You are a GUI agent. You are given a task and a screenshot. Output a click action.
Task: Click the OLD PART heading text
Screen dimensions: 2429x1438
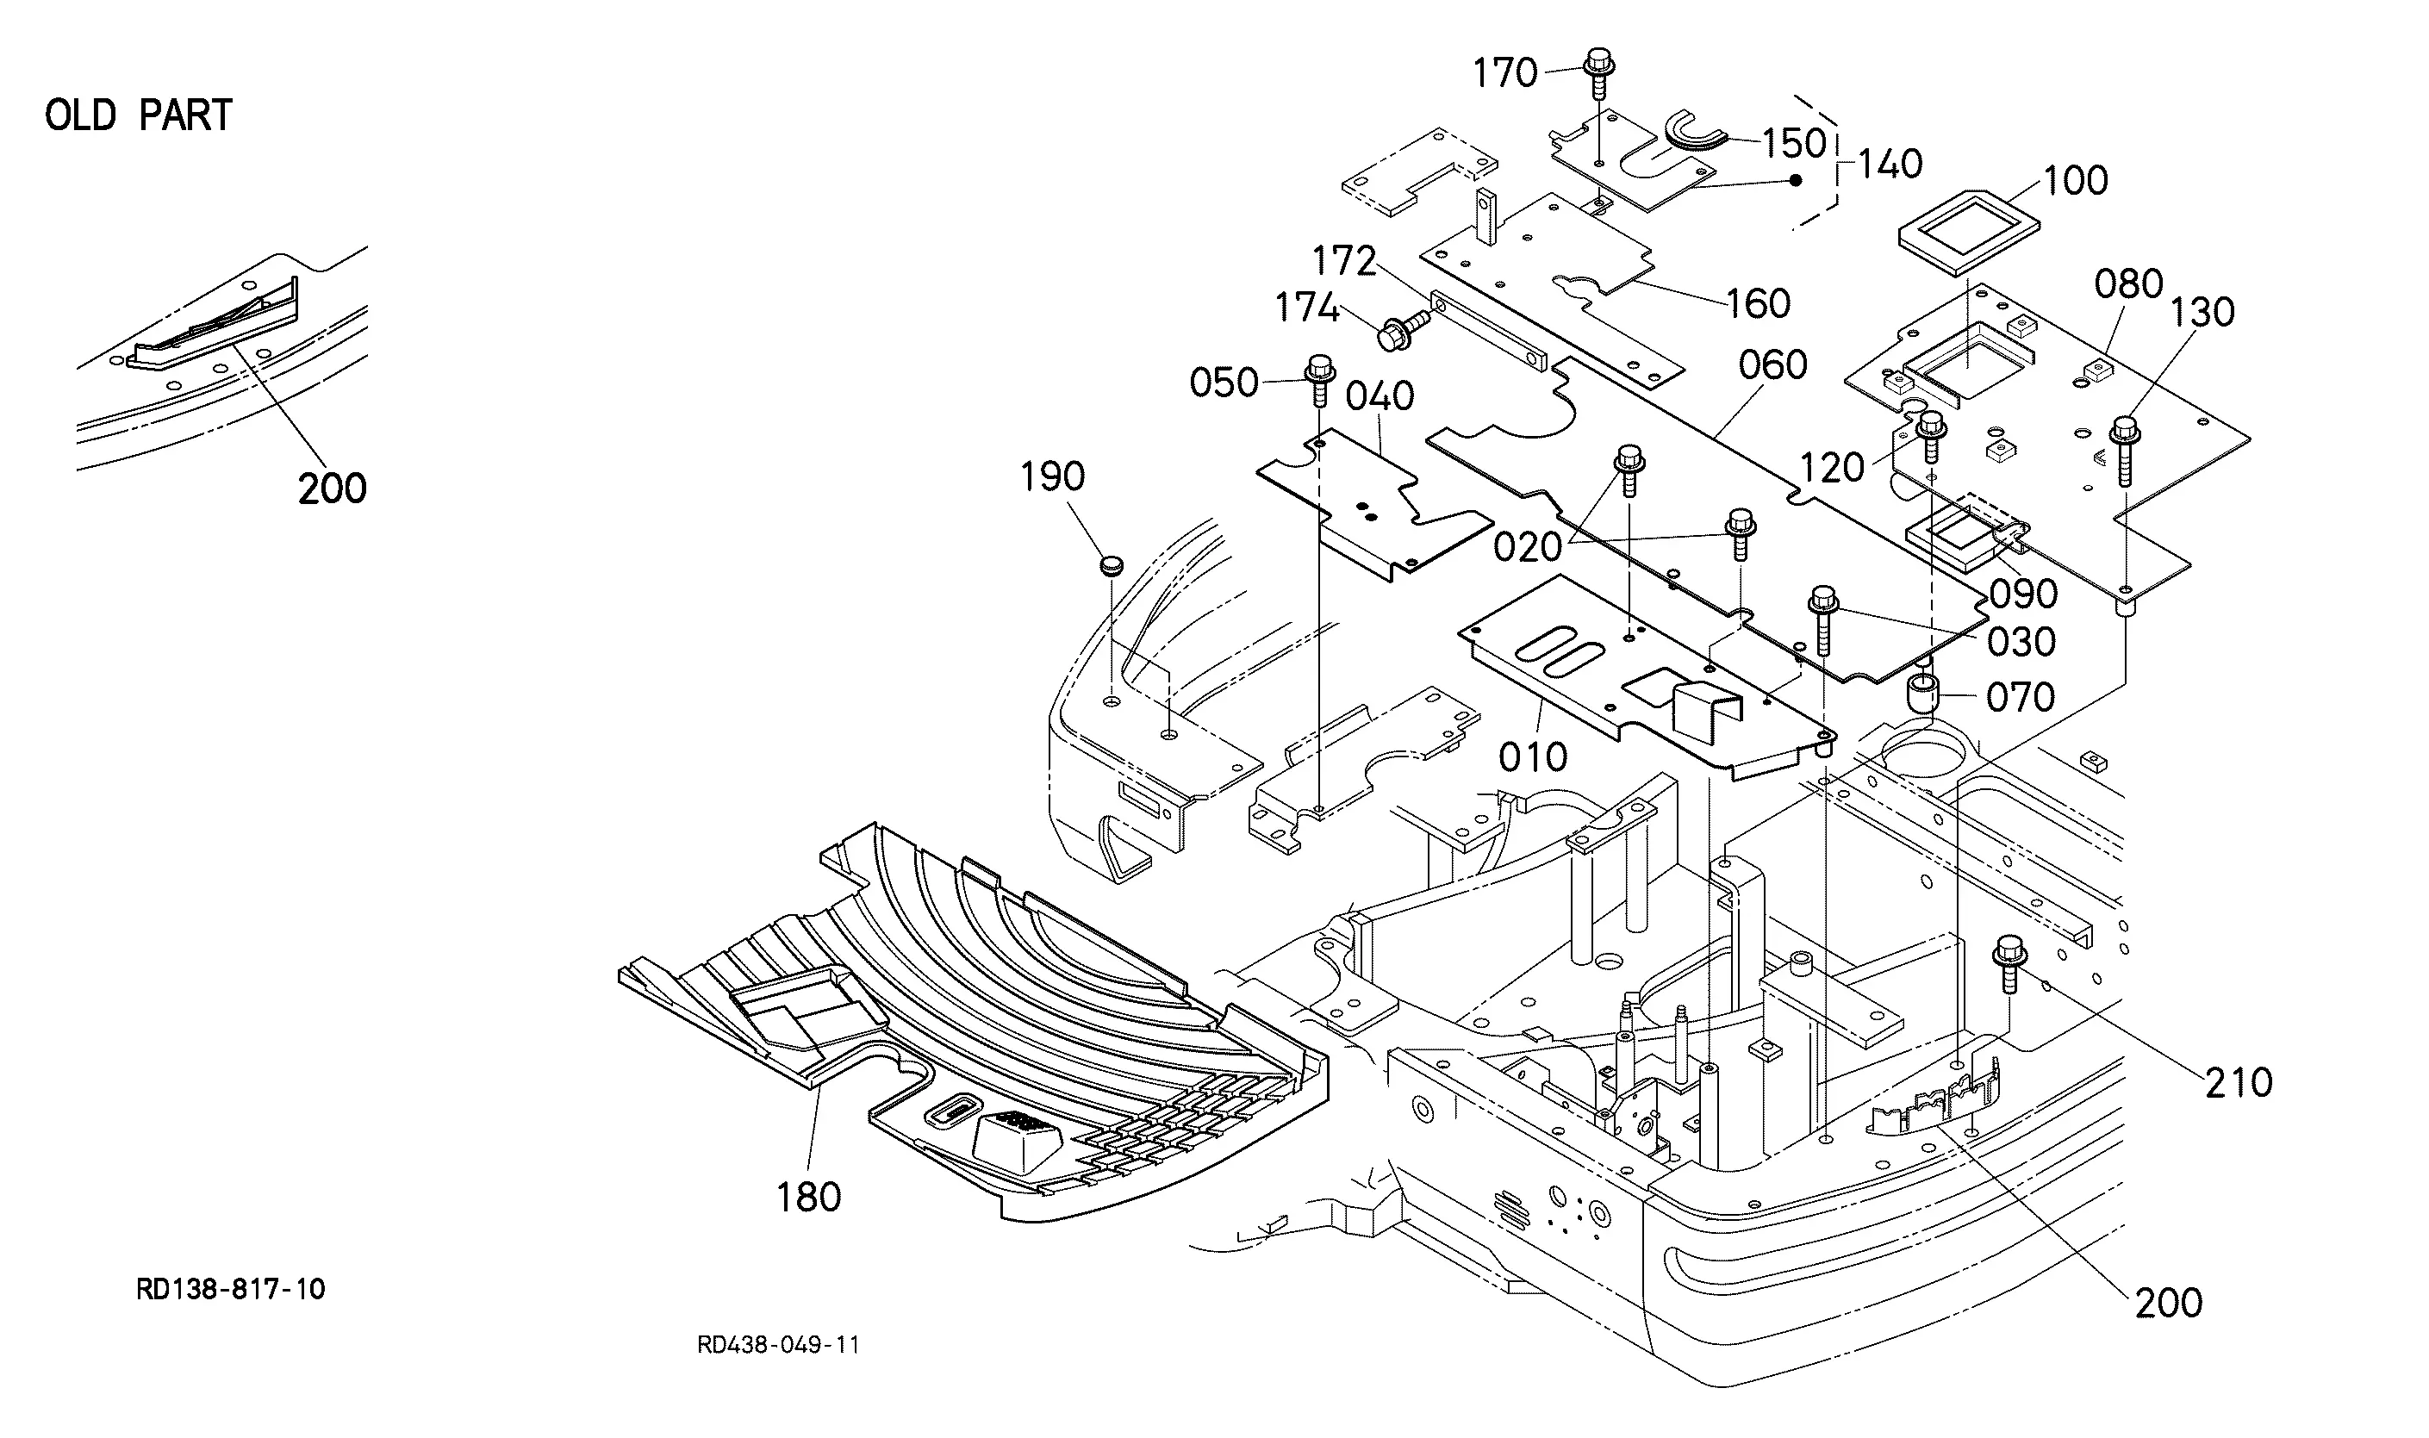[139, 115]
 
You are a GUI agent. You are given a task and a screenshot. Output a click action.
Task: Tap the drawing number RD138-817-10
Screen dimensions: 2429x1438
[231, 1290]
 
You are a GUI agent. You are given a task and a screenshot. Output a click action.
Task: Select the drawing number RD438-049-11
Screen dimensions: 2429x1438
[778, 1345]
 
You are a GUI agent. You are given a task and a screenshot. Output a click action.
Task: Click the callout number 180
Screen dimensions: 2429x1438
[808, 1198]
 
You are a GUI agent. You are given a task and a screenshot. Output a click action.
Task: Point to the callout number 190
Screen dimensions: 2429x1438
[1052, 476]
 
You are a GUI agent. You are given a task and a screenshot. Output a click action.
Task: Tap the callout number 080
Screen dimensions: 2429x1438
[2128, 284]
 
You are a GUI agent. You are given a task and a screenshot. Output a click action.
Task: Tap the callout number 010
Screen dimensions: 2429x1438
[1533, 757]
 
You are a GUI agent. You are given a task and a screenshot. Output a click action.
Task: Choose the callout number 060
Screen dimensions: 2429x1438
[1772, 365]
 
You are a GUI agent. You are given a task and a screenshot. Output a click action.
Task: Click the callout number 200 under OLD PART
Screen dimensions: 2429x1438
[333, 489]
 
